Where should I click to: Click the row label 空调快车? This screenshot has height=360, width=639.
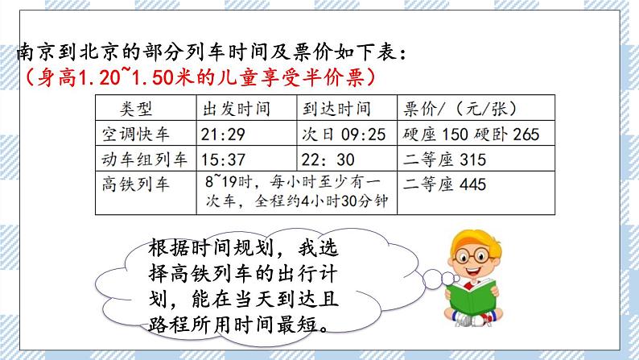pos(134,134)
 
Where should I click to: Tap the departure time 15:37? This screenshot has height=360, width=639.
pos(221,159)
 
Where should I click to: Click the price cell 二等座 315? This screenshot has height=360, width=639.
pos(445,159)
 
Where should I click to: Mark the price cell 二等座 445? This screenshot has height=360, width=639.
pos(445,184)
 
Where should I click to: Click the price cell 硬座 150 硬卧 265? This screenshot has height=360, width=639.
pos(470,134)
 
